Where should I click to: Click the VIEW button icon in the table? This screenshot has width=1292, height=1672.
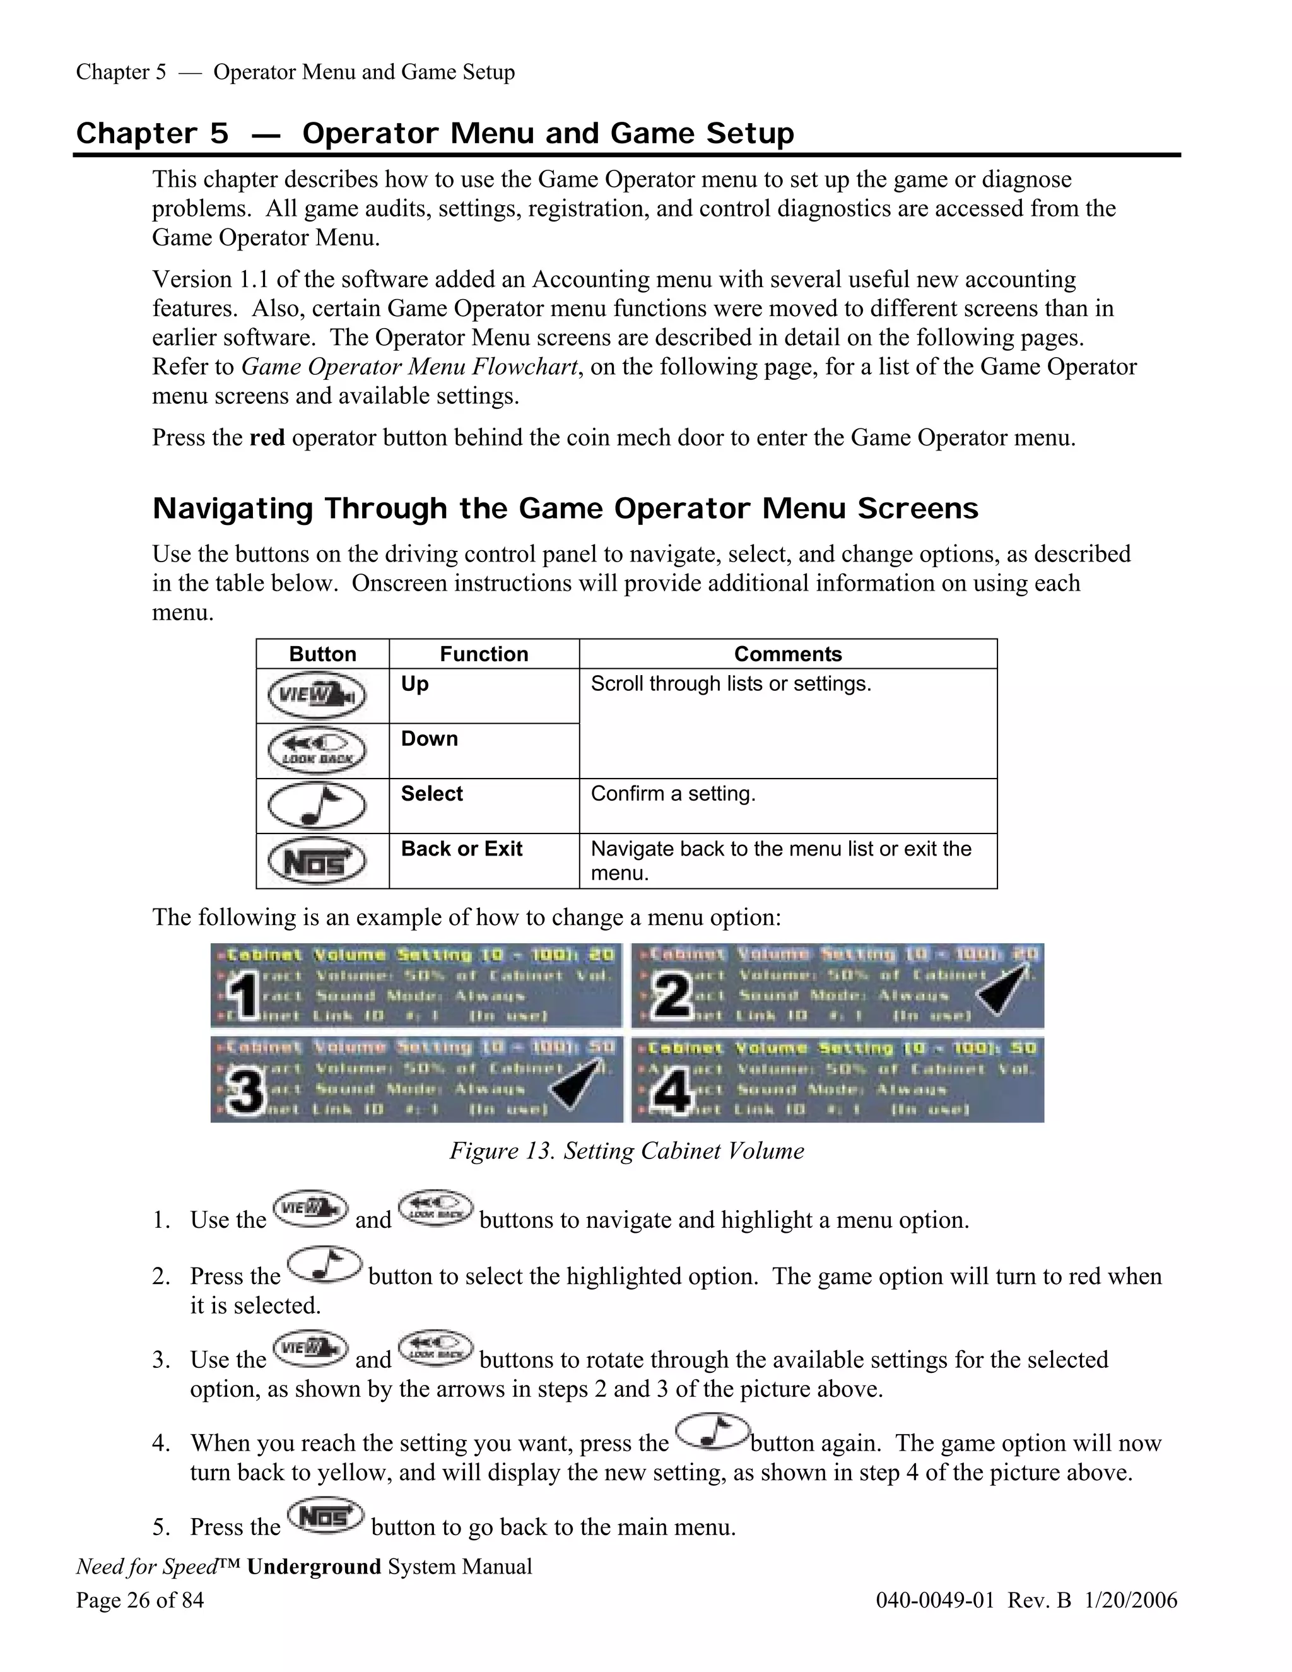pos(317,696)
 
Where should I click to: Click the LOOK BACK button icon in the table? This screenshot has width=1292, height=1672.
pos(317,751)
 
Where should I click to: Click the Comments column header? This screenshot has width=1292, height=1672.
pos(787,654)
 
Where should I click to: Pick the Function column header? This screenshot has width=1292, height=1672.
pos(484,654)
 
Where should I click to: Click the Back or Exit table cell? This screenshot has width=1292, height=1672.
pos(462,849)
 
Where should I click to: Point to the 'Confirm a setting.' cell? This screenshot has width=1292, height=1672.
pos(672,794)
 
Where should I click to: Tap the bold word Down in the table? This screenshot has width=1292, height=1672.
pos(430,739)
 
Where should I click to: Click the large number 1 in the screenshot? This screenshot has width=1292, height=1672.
pos(244,996)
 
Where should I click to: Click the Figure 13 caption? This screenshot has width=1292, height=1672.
pos(626,1151)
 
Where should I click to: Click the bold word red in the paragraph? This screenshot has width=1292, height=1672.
pos(267,438)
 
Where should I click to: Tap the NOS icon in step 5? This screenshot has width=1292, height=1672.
pos(326,1517)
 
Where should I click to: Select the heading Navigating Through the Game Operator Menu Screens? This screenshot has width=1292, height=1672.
pos(565,509)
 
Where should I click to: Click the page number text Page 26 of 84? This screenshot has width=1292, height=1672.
pos(140,1600)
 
